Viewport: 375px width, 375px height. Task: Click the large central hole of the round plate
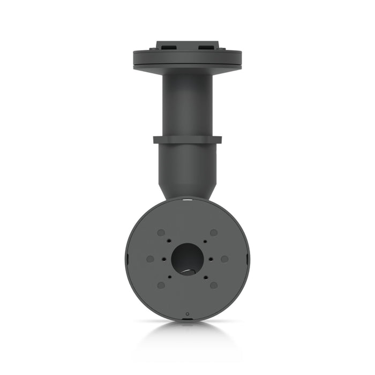pyautogui.click(x=187, y=259)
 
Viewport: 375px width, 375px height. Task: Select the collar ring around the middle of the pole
pyautogui.click(x=187, y=140)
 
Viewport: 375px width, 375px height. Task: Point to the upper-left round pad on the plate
pyautogui.click(x=161, y=233)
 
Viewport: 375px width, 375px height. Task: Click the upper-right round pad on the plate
pyautogui.click(x=214, y=233)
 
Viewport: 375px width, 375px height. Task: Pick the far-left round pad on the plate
pyautogui.click(x=150, y=259)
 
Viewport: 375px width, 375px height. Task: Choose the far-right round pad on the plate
pyautogui.click(x=224, y=259)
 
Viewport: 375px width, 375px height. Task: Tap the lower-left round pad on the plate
pyautogui.click(x=161, y=285)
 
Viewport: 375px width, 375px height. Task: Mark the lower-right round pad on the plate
pyautogui.click(x=214, y=285)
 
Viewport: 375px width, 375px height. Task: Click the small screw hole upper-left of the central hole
pyautogui.click(x=169, y=241)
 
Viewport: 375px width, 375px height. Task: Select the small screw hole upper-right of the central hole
pyautogui.click(x=205, y=241)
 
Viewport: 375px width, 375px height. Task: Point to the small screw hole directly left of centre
pyautogui.click(x=163, y=259)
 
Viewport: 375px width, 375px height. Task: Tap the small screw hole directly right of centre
pyautogui.click(x=212, y=259)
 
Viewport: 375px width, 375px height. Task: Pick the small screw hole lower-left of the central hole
pyautogui.click(x=169, y=277)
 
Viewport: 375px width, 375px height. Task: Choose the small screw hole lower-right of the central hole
pyautogui.click(x=205, y=277)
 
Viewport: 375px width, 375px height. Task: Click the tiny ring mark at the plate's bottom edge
pyautogui.click(x=187, y=313)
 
